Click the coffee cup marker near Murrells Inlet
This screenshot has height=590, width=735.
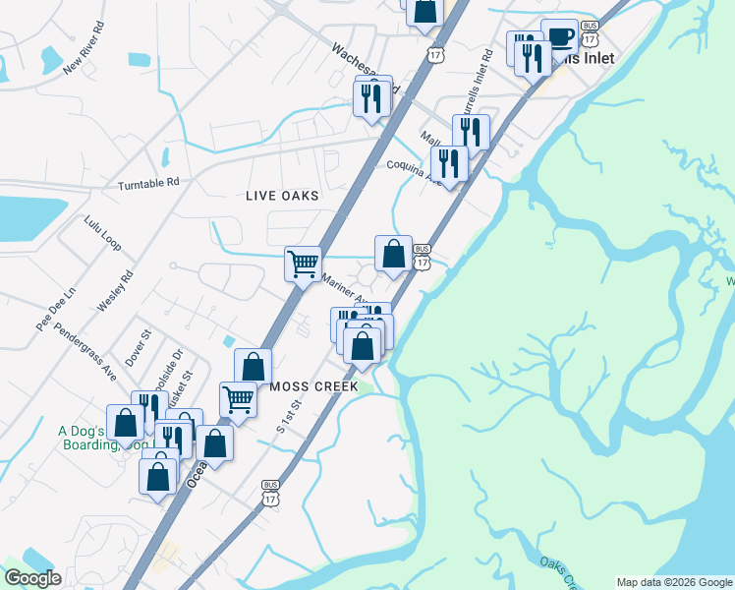pos(559,38)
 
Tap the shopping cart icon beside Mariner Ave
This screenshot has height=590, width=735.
pos(303,264)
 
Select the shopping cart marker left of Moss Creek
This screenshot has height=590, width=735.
pos(238,400)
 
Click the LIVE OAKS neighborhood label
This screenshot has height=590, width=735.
pos(282,196)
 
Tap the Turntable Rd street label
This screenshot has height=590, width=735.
pos(148,184)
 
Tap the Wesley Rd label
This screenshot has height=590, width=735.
pos(114,292)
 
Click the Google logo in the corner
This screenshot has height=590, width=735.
pos(31,578)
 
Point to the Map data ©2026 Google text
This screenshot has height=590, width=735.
pos(673,582)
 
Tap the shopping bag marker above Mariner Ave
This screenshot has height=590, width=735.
pos(393,254)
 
